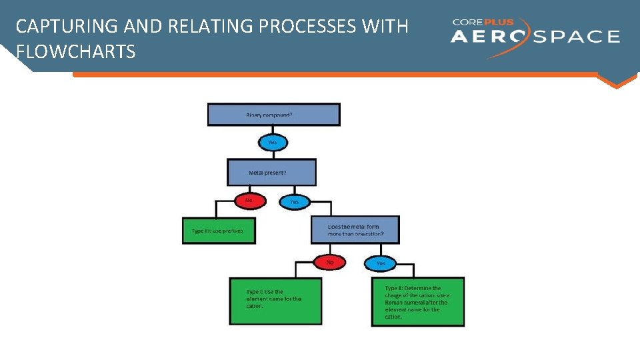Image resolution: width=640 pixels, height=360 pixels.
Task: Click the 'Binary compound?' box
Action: tap(273, 114)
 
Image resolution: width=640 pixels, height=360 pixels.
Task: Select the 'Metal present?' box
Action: tap(271, 172)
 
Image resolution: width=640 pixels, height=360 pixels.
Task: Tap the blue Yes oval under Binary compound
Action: tap(272, 142)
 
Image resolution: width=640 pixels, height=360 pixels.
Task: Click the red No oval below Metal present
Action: tap(250, 200)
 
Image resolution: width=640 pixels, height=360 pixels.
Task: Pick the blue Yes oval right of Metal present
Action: tap(294, 201)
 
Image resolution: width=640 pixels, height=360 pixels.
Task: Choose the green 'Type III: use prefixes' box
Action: tap(219, 231)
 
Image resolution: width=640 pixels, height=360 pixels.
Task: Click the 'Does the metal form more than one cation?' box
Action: tap(355, 230)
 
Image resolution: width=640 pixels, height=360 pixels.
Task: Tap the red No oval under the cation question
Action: tap(330, 262)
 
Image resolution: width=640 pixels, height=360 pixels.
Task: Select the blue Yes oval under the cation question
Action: tap(381, 263)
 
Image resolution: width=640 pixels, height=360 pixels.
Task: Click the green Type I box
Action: tap(275, 301)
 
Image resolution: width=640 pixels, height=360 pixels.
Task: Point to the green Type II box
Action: tap(417, 301)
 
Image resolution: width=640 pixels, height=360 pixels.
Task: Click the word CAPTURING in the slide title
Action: tap(56, 27)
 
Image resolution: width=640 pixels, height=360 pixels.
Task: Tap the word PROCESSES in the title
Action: tap(306, 27)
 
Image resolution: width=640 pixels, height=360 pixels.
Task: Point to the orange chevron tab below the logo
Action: tap(617, 79)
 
